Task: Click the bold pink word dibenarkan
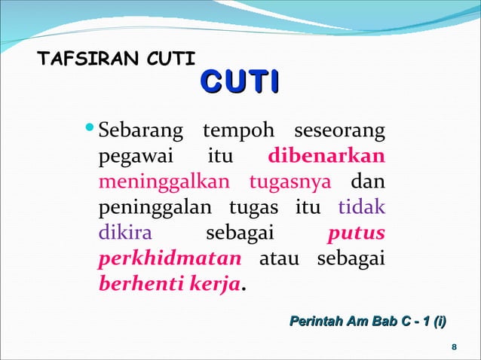point(327,157)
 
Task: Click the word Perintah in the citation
point(311,322)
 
